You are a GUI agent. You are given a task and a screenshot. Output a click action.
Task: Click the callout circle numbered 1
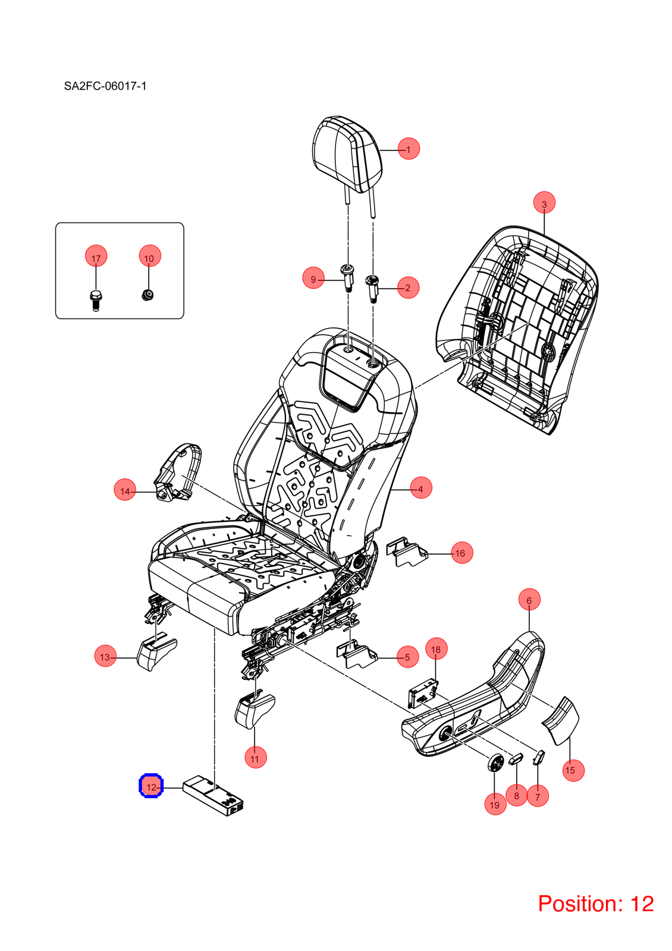pos(408,149)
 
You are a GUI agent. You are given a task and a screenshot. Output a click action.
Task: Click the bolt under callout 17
pos(96,300)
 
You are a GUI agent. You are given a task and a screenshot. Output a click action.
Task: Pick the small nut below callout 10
pos(147,294)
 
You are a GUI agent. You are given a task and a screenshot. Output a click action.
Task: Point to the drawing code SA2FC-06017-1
pos(105,86)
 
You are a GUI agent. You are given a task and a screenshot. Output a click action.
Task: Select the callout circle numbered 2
pos(408,288)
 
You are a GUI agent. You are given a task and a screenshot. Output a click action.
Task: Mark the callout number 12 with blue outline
pos(151,787)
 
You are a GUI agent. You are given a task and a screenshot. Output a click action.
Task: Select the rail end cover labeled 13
pos(156,652)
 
